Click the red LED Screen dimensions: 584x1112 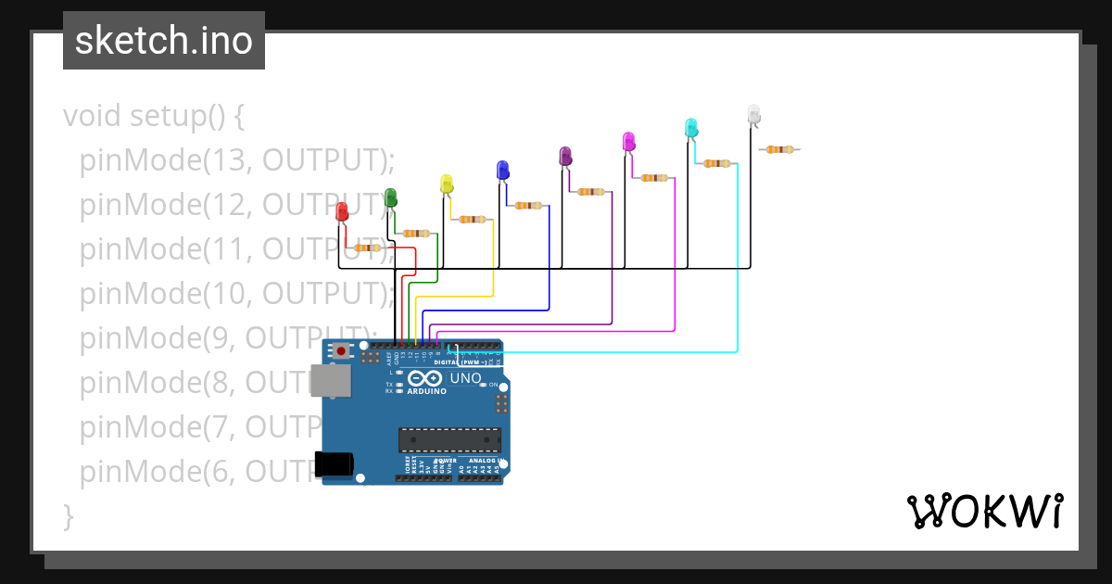[x=342, y=211]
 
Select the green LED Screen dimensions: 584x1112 [x=390, y=197]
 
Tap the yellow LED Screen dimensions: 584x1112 [x=447, y=184]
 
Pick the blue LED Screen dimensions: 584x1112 [x=502, y=170]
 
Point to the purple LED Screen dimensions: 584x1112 [x=565, y=156]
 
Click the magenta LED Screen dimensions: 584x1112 [x=628, y=141]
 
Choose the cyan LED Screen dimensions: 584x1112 [x=690, y=127]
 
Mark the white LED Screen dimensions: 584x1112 [x=753, y=113]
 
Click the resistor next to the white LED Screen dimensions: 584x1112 [x=779, y=148]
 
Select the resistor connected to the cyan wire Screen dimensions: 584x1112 [x=716, y=163]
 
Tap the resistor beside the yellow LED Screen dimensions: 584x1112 [x=473, y=220]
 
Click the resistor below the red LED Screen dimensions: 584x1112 [x=368, y=248]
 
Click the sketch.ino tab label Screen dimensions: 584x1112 [x=164, y=41]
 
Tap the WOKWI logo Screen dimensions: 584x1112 [x=984, y=511]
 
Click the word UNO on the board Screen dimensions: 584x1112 [x=465, y=378]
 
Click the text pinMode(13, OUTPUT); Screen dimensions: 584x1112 [x=237, y=160]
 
